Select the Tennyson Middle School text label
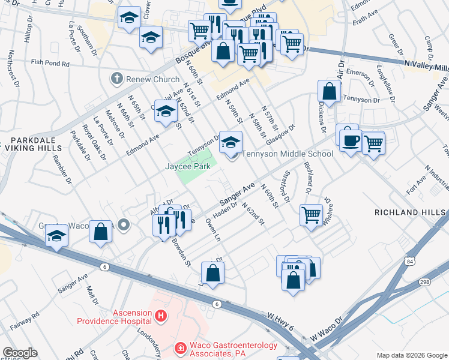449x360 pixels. [x=287, y=154]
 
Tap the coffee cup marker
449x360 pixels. [x=350, y=140]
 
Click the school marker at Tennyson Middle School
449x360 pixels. [x=228, y=142]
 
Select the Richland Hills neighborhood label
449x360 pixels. [x=411, y=212]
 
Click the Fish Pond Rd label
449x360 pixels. [x=51, y=63]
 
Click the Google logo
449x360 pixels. [x=20, y=353]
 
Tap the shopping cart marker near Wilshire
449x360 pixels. [x=311, y=214]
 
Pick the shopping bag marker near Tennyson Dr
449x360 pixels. [x=330, y=92]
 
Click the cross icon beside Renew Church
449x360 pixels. [x=116, y=79]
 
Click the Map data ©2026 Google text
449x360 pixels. [x=412, y=355]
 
